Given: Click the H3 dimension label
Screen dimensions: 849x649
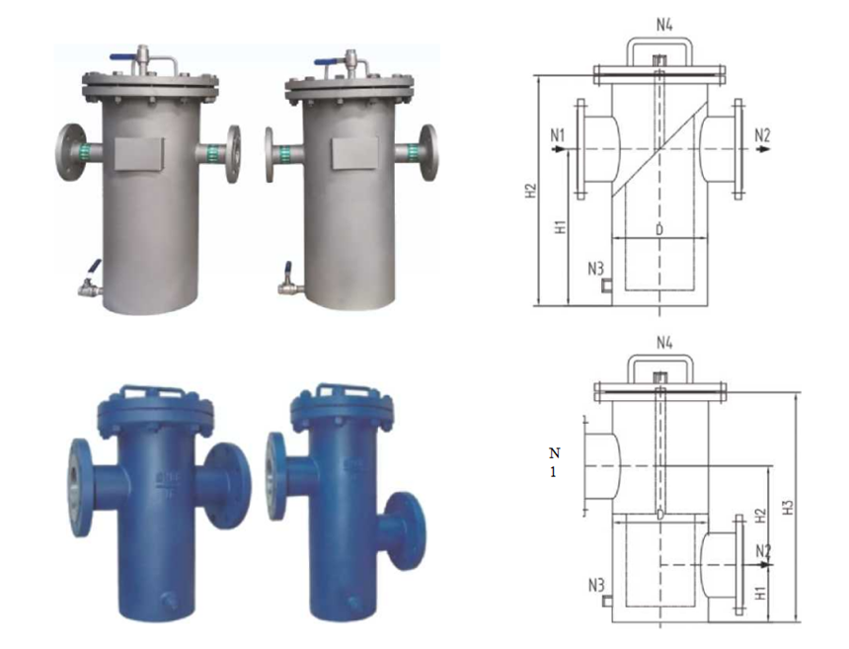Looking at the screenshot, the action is pyautogui.click(x=789, y=507).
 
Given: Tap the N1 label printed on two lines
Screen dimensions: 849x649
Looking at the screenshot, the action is pyautogui.click(x=554, y=462).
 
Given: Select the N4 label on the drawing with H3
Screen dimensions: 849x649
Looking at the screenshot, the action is pyautogui.click(x=664, y=343).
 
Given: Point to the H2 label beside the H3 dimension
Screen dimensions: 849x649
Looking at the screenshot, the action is pyautogui.click(x=761, y=516).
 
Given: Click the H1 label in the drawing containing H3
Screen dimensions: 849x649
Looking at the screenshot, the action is pyautogui.click(x=761, y=592).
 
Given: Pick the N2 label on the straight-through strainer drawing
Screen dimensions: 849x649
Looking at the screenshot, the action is pyautogui.click(x=762, y=135).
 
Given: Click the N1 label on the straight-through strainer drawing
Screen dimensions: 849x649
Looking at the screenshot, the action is pyautogui.click(x=557, y=135).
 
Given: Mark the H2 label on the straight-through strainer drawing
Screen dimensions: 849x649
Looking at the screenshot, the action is pyautogui.click(x=531, y=191).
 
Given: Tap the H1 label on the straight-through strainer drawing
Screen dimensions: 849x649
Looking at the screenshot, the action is pyautogui.click(x=561, y=226).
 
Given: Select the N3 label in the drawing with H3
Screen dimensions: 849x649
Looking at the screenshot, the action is pyautogui.click(x=596, y=585).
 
